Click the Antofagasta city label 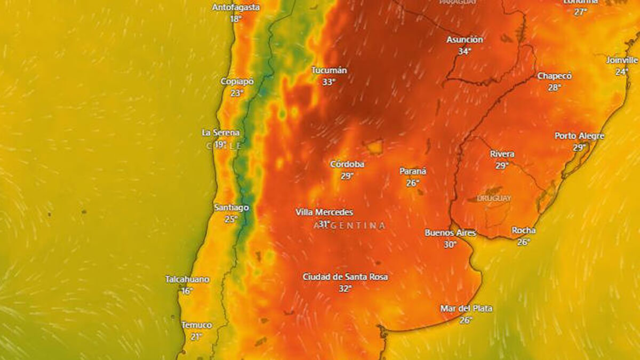click(236, 7)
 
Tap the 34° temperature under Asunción click(465, 51)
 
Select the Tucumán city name click(329, 70)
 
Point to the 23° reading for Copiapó click(237, 93)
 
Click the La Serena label click(220, 132)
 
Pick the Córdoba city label click(347, 164)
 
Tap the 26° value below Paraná click(412, 183)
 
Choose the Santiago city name click(231, 207)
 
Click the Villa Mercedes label click(324, 212)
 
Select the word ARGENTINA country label click(349, 226)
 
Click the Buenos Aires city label click(450, 233)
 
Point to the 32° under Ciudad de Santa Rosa click(345, 289)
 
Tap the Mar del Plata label click(466, 308)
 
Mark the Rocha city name click(523, 230)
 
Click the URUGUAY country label click(494, 198)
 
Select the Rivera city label click(502, 154)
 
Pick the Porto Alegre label click(579, 136)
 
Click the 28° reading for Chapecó click(554, 87)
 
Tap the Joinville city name click(621, 60)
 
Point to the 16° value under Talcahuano click(187, 291)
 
